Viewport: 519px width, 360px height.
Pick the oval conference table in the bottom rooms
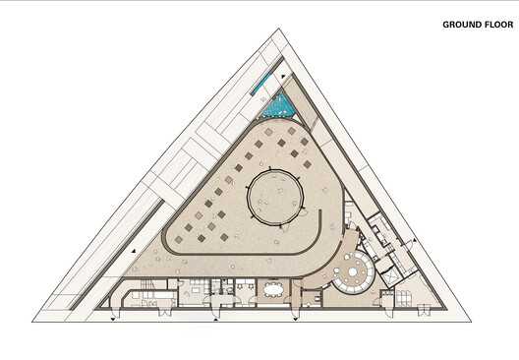tap(271, 289)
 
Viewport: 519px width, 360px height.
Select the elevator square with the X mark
tap(390, 278)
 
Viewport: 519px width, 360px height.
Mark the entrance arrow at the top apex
tap(283, 74)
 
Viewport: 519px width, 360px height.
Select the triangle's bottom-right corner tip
tap(469, 321)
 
